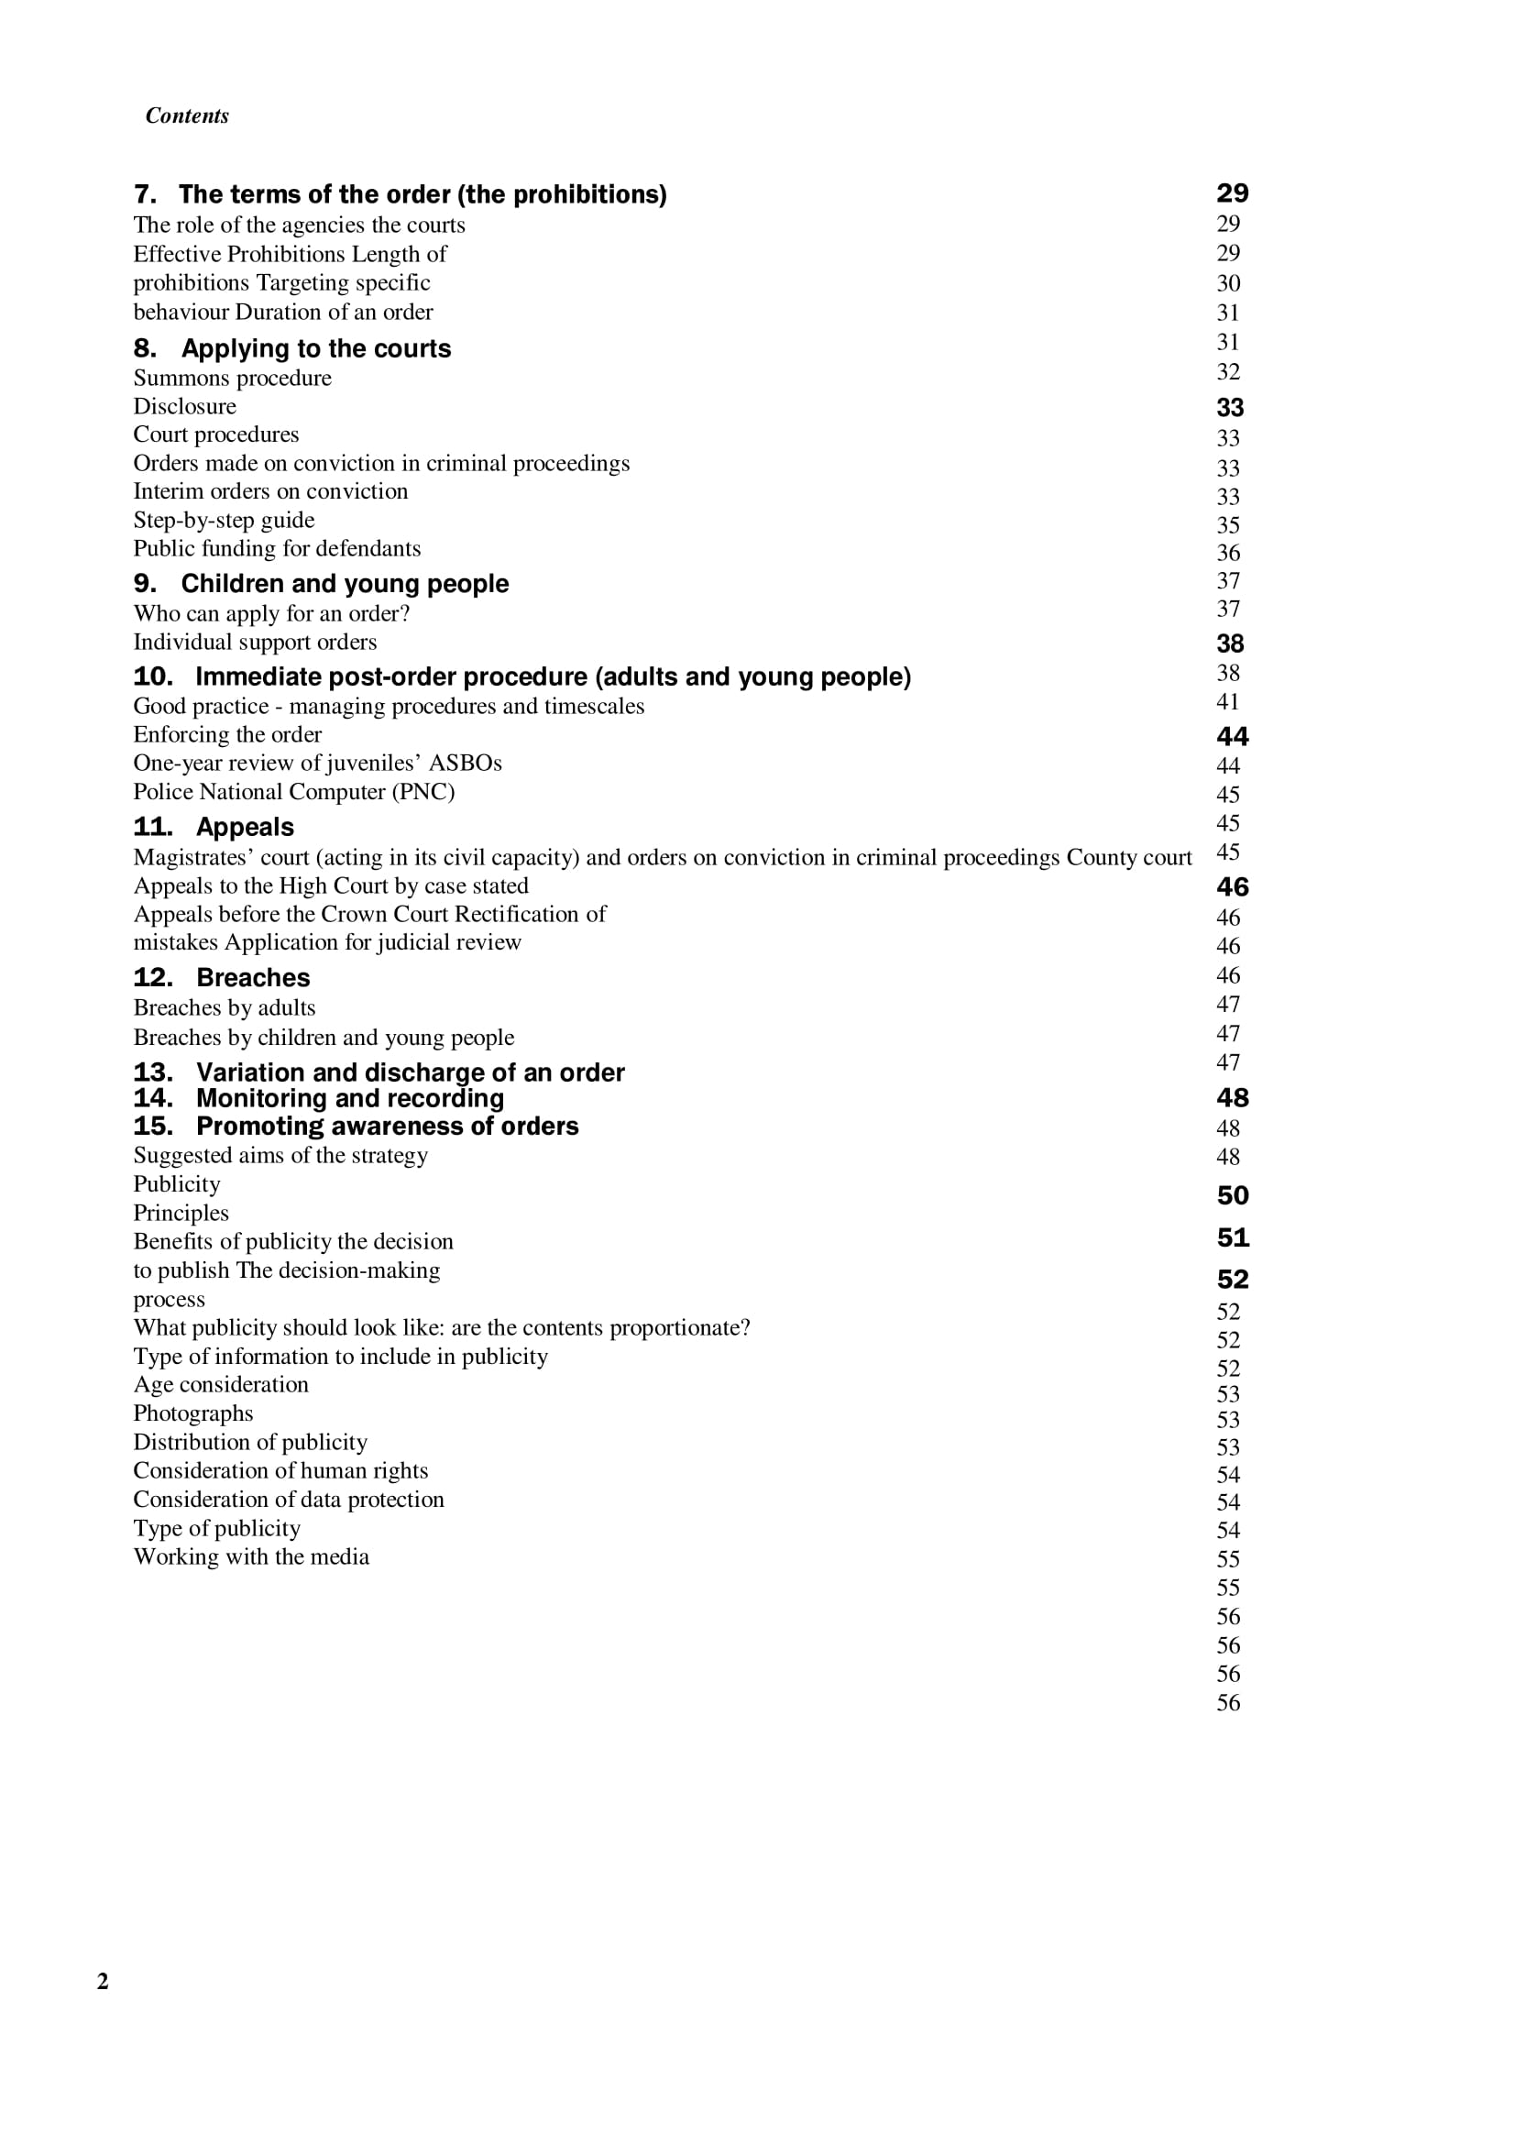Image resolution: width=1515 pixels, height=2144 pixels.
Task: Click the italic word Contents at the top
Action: click(x=187, y=115)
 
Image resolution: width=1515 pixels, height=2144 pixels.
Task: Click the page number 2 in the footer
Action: click(x=103, y=1981)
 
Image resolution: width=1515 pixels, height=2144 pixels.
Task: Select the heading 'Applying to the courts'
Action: click(x=315, y=348)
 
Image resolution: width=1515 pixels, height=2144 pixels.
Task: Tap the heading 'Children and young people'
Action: click(x=345, y=584)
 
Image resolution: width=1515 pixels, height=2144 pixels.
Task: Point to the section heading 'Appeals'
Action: click(x=245, y=828)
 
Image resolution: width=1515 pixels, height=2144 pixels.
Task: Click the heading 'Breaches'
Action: click(x=253, y=978)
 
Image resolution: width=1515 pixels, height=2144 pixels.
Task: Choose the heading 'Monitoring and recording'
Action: click(x=350, y=1098)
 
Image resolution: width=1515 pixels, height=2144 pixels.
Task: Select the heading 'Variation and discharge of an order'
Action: click(x=410, y=1072)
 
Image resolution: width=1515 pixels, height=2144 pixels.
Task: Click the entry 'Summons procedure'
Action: click(x=233, y=379)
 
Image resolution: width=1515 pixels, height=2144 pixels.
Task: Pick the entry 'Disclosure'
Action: click(x=185, y=406)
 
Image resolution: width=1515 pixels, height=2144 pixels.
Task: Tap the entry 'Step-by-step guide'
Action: click(x=224, y=520)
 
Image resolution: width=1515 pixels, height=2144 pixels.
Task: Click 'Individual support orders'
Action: click(x=255, y=643)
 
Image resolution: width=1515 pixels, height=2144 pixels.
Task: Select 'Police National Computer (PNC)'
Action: click(x=294, y=792)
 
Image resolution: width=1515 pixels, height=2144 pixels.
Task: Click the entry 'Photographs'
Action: click(x=193, y=1413)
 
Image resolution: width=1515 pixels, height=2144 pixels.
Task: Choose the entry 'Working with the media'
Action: click(x=251, y=1556)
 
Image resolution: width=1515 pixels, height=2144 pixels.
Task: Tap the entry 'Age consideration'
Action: click(x=220, y=1385)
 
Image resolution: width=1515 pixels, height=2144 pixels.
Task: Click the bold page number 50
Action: click(x=1232, y=1195)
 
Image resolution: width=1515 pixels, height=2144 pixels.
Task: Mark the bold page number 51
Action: click(x=1232, y=1237)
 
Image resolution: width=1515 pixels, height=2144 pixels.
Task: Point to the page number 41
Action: click(x=1227, y=702)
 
